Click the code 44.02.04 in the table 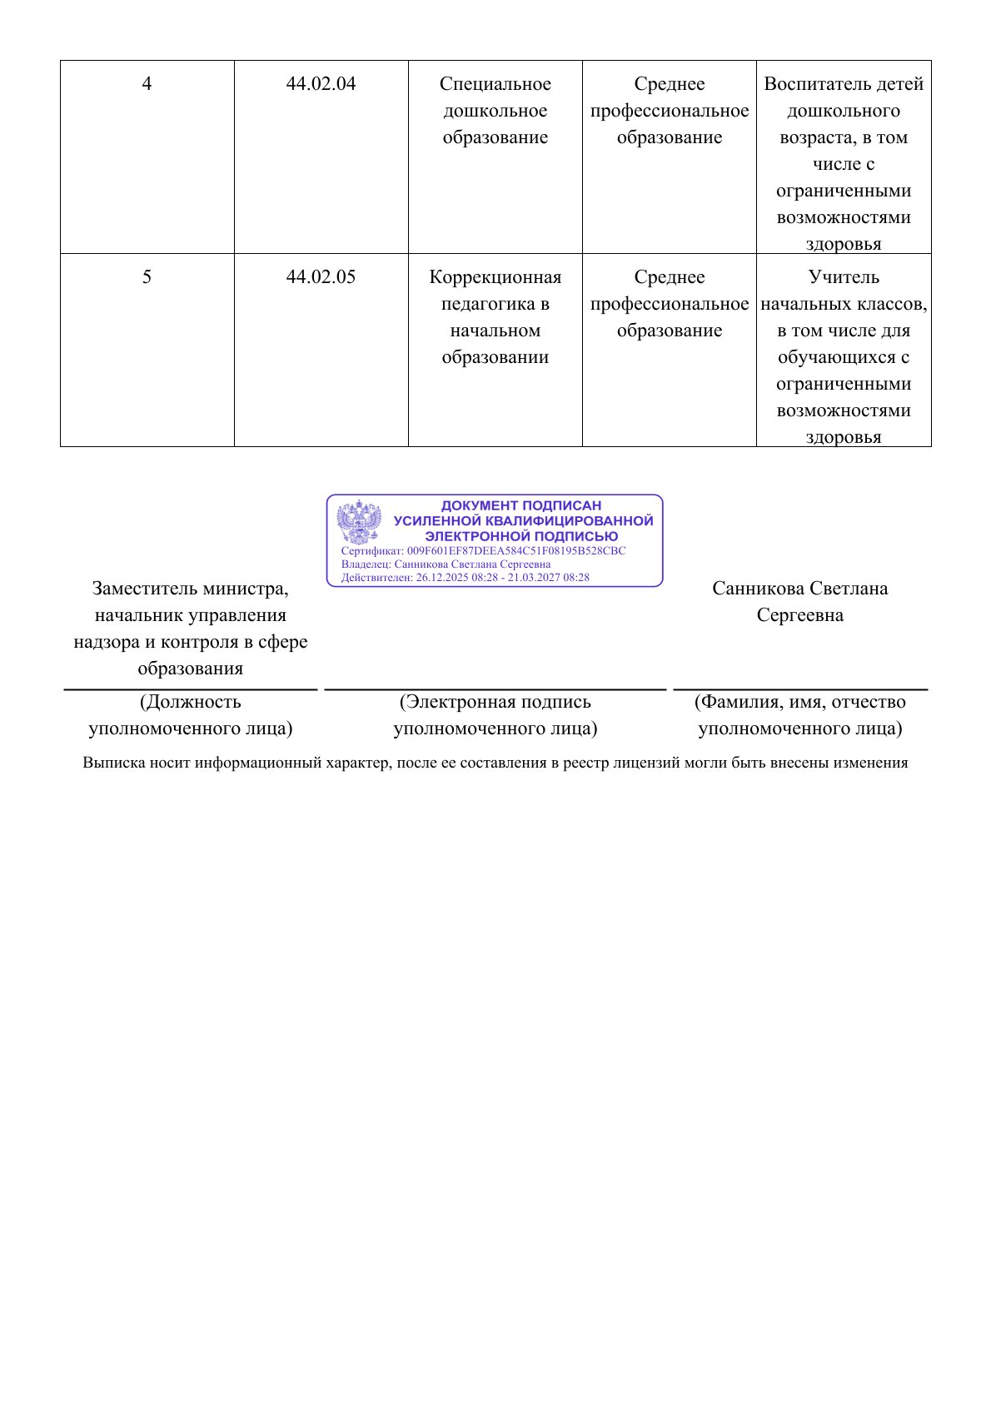321,84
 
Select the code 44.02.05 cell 321,277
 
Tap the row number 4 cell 147,84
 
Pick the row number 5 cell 147,277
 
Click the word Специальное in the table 495,84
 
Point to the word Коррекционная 495,277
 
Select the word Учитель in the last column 844,277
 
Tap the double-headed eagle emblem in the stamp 359,523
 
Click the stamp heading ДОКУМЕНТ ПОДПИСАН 520,505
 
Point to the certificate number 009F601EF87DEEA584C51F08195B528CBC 515,551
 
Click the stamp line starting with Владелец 446,564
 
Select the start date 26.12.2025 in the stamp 445,577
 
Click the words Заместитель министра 191,589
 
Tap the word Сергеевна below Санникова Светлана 799,615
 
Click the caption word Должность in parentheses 193,702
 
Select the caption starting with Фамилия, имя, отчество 800,702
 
